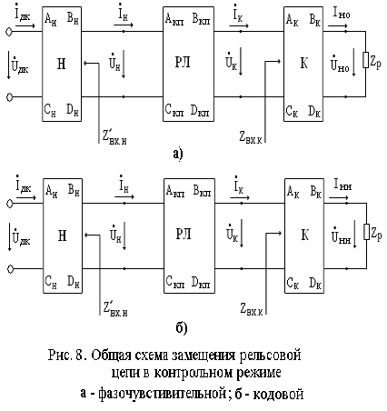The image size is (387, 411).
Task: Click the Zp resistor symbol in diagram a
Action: tap(365, 60)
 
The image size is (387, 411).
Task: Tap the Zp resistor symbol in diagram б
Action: tap(366, 232)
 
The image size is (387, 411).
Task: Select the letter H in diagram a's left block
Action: tap(62, 64)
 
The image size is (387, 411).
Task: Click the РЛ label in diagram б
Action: tap(184, 234)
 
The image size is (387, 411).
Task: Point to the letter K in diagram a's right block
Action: tap(303, 64)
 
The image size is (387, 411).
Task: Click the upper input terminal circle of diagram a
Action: tap(9, 32)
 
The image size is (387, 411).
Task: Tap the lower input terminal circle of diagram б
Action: tap(10, 269)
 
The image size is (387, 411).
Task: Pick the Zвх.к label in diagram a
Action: tap(251, 137)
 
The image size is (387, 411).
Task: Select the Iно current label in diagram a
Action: tap(342, 14)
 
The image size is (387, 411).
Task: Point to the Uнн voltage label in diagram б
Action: tap(341, 235)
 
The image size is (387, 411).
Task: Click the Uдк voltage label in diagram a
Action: tap(20, 64)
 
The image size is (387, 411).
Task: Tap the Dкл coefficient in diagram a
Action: tap(200, 110)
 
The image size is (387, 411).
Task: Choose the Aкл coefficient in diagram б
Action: tap(174, 191)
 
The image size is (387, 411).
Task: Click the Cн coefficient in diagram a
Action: tap(50, 110)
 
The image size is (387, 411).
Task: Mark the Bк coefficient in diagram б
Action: tap(315, 192)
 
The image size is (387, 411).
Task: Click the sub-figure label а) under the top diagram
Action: tap(178, 154)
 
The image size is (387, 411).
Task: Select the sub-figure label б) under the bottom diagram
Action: tap(182, 327)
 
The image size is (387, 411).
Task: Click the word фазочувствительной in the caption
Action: tap(162, 394)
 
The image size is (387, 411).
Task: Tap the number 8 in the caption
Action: tap(80, 356)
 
